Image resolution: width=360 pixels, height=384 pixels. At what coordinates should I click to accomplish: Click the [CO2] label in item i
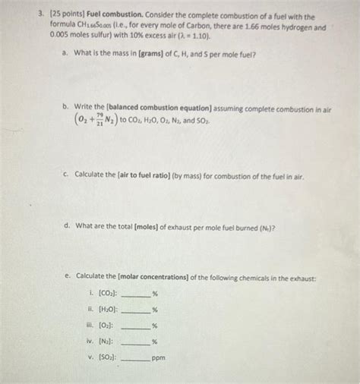[114, 293]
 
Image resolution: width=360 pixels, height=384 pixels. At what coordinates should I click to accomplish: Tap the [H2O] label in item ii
[114, 309]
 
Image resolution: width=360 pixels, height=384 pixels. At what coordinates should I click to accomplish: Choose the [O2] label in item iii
[112, 325]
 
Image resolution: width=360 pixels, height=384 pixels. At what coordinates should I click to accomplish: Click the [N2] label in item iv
[112, 341]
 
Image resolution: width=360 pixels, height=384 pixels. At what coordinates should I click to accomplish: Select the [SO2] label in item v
[113, 357]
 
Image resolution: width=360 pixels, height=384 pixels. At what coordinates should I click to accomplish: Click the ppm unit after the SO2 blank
[159, 357]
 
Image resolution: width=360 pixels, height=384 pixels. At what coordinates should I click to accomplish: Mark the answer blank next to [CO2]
[137, 295]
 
